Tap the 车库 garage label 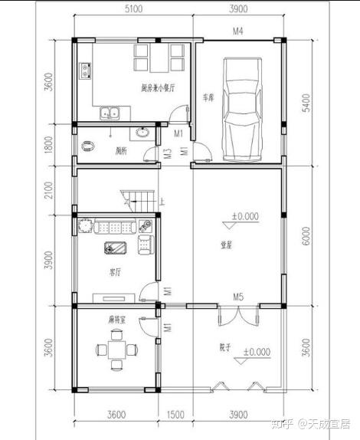[208, 98]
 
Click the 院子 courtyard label [225, 346]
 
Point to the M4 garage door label [238, 31]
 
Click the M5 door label [238, 296]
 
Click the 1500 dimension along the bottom [175, 415]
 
